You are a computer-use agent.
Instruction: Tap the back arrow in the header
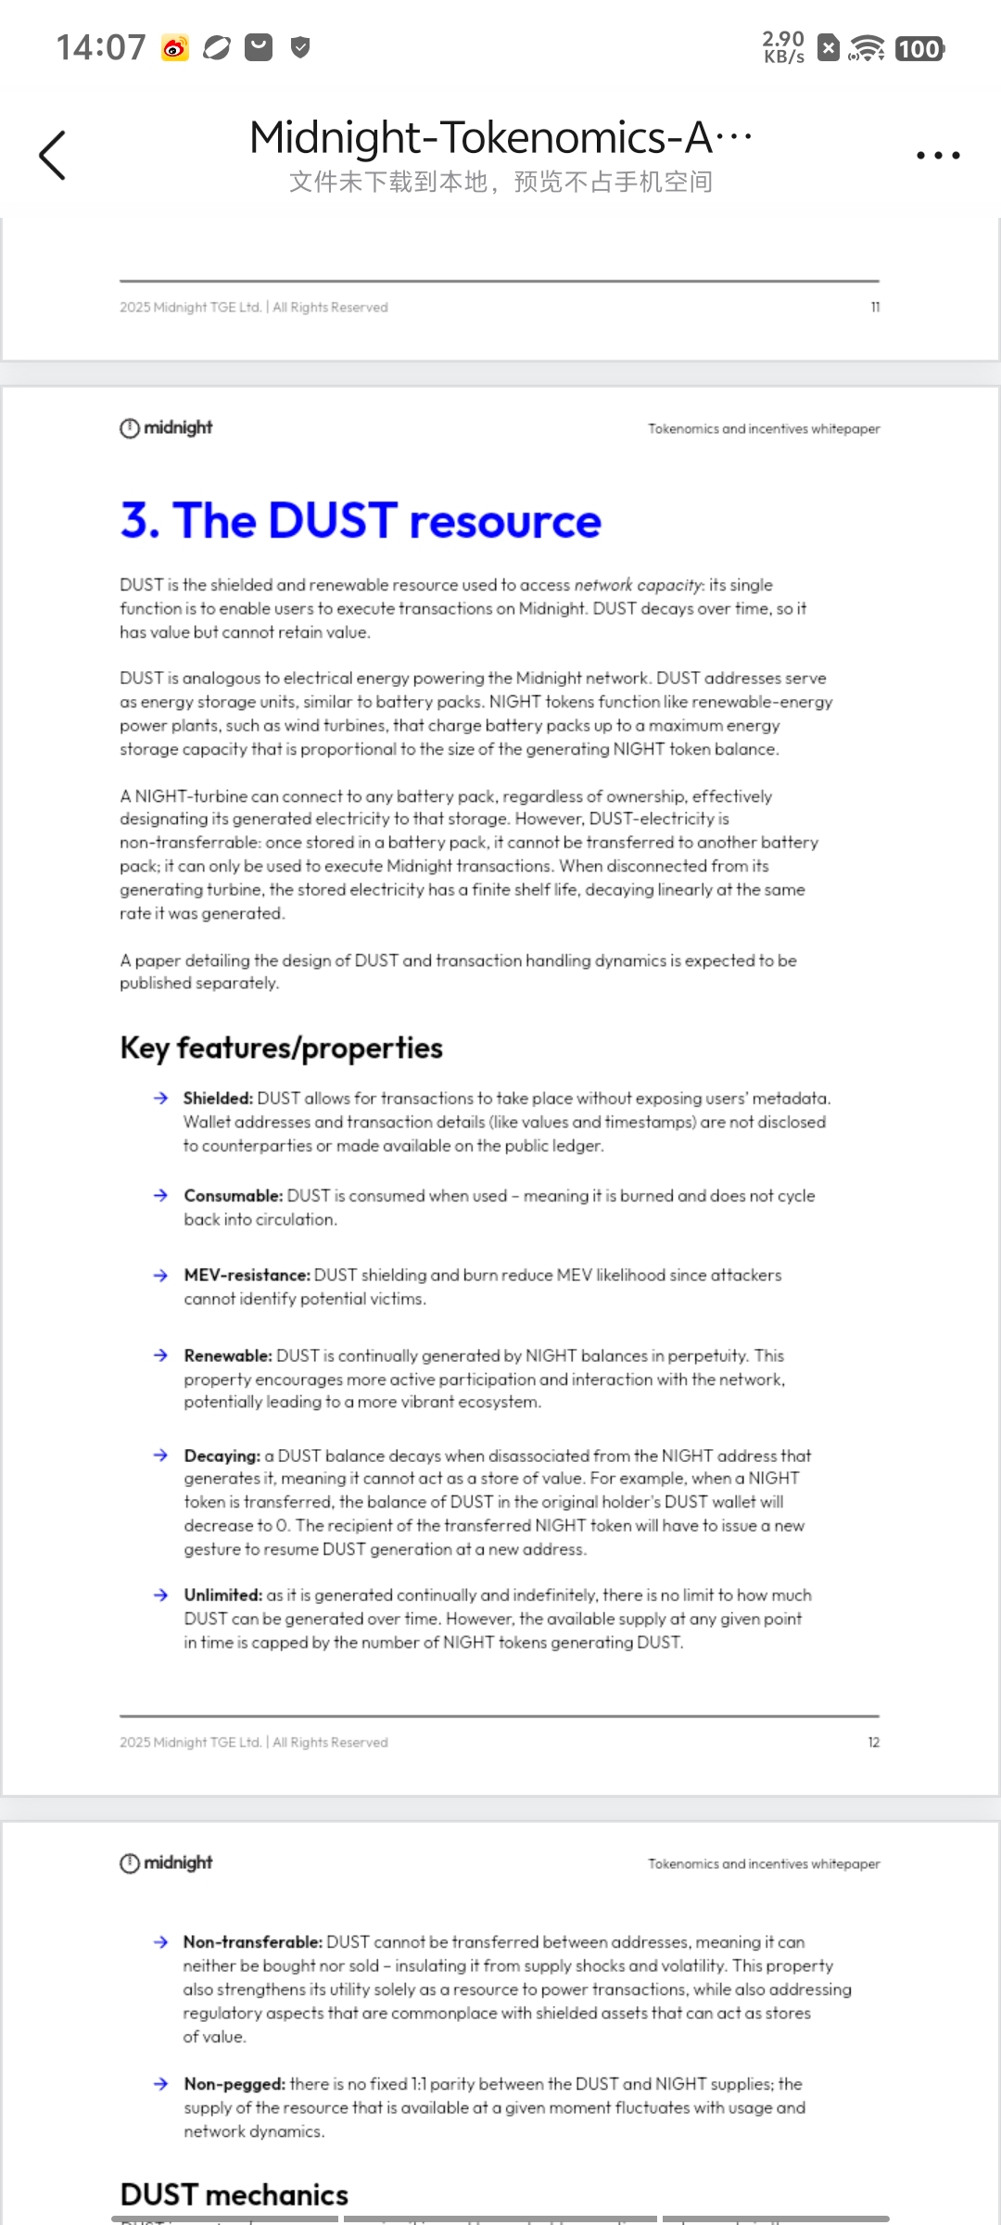point(53,155)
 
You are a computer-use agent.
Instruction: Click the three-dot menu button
point(938,155)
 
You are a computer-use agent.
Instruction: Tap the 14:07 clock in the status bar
point(101,47)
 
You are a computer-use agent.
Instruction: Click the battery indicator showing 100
point(919,49)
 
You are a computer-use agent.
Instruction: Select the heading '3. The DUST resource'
point(361,521)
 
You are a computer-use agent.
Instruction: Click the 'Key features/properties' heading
point(281,1049)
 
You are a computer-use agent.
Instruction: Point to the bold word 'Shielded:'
point(218,1099)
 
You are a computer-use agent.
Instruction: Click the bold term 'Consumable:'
point(233,1196)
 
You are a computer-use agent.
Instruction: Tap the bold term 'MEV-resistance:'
point(247,1276)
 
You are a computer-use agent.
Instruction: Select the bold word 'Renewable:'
point(227,1356)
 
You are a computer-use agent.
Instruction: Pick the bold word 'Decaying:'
point(222,1456)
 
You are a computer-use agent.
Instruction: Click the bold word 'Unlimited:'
point(222,1596)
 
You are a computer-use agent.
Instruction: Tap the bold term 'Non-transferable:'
point(252,1942)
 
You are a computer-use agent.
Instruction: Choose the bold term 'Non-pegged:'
point(234,2084)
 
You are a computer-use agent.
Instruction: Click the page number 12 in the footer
point(873,1743)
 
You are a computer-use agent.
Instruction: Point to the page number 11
point(875,308)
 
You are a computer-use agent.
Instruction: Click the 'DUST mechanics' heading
point(234,2194)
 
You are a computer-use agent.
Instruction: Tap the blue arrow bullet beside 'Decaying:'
point(160,1456)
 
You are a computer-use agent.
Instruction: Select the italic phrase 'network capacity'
point(639,585)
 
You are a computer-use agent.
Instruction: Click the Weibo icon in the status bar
point(175,47)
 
